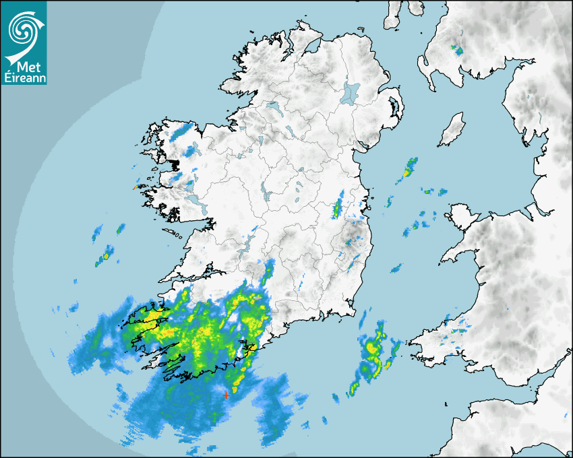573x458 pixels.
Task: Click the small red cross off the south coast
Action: pos(226,395)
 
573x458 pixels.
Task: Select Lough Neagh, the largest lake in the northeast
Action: pos(351,92)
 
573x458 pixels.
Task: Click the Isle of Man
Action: pos(452,130)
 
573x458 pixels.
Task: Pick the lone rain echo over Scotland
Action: pos(458,49)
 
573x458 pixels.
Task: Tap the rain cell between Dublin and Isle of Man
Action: pos(409,168)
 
